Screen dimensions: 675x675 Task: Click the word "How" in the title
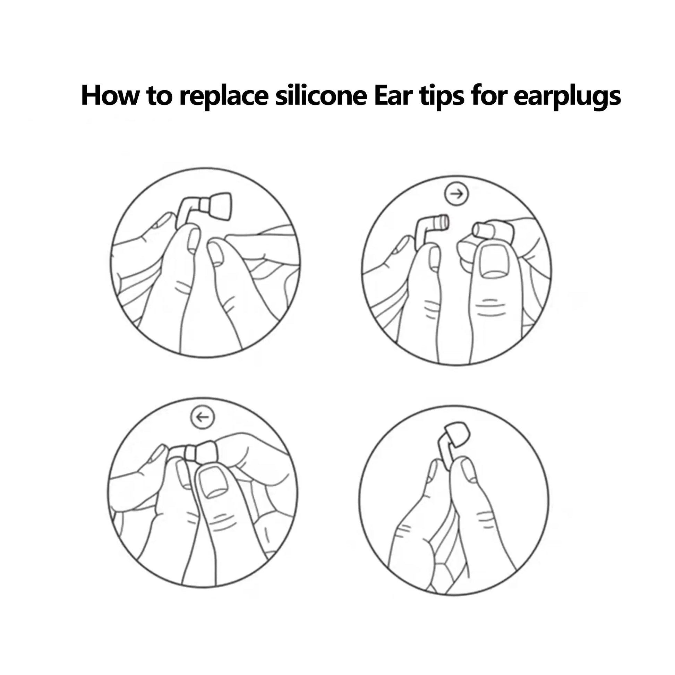click(109, 95)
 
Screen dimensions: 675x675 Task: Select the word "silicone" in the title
click(320, 95)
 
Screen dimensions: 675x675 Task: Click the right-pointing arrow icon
click(456, 194)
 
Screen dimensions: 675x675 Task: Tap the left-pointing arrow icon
click(203, 417)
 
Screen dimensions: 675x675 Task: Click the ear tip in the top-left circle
click(220, 206)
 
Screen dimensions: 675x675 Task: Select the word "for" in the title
click(487, 95)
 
